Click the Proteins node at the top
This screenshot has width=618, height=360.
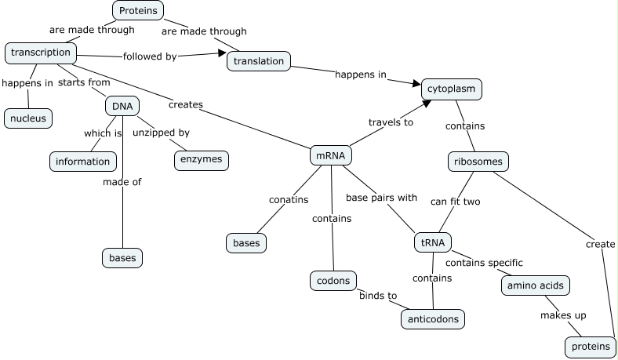click(x=139, y=10)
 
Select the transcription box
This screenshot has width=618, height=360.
click(x=41, y=53)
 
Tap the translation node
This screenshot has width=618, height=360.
click(x=259, y=60)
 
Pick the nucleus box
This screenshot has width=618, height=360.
click(x=28, y=118)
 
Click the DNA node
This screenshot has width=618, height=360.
click(x=122, y=106)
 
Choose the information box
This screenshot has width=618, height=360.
click(x=82, y=162)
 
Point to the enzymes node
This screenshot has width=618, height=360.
click(x=201, y=160)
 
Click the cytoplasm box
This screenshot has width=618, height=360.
click(x=451, y=89)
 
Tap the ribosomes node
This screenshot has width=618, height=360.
click(x=478, y=162)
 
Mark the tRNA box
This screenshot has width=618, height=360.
click(x=433, y=243)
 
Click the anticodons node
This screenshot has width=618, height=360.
click(x=433, y=319)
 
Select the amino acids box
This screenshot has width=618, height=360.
click(x=535, y=285)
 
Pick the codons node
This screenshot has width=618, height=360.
click(x=333, y=280)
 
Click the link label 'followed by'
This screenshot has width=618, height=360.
click(x=150, y=56)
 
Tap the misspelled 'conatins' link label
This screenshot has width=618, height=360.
click(x=288, y=200)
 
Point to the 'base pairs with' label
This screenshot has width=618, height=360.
click(x=382, y=198)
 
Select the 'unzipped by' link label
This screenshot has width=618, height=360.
click(x=161, y=133)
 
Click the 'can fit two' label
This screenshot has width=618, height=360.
click(x=455, y=202)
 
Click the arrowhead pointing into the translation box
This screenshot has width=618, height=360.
click(x=221, y=53)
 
